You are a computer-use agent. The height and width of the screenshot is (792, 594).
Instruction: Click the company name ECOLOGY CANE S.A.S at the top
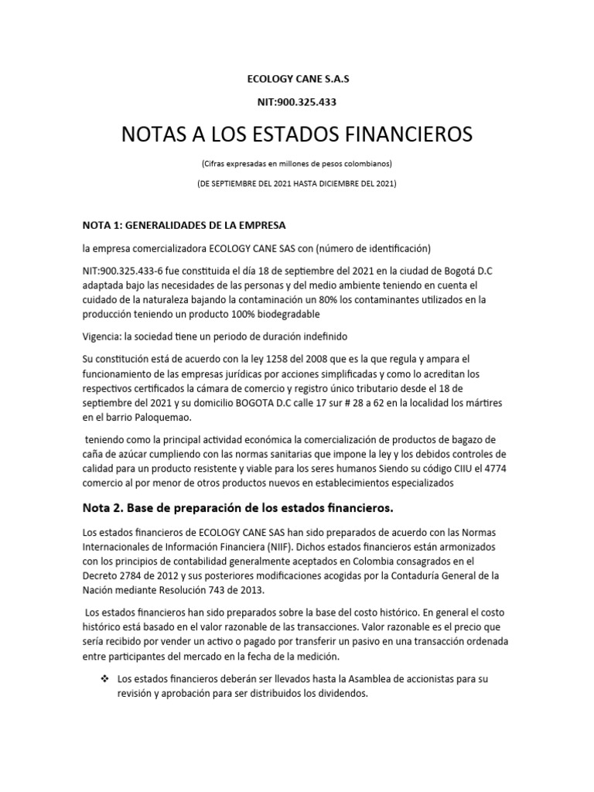click(x=297, y=78)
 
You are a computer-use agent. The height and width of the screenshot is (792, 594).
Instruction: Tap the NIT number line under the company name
click(x=297, y=101)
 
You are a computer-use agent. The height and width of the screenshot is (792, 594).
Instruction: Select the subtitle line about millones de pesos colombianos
click(x=297, y=164)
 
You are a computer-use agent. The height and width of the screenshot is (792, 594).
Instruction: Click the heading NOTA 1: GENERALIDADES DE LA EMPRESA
click(x=184, y=225)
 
